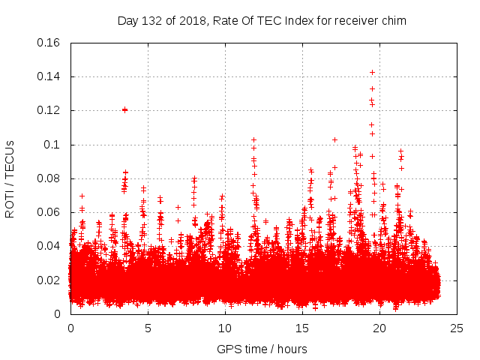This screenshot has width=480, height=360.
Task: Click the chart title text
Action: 262,20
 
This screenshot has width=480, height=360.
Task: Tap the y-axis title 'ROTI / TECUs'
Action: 10,178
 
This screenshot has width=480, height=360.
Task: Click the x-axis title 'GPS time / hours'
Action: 262,349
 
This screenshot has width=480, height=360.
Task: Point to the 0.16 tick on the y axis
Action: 49,43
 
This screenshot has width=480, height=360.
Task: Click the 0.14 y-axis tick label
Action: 49,76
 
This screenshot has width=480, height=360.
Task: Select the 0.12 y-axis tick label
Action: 49,110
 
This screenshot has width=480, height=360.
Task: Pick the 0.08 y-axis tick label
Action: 49,178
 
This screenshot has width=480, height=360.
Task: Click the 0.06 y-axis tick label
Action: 49,212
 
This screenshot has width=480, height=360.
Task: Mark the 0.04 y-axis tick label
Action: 49,246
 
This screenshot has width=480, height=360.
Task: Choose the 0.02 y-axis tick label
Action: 49,280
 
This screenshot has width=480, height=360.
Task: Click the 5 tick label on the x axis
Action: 148,328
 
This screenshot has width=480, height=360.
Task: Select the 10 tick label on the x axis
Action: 225,328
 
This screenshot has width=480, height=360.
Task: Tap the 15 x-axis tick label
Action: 302,328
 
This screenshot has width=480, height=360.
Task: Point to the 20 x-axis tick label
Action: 379,328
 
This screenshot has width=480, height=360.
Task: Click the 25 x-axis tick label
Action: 457,328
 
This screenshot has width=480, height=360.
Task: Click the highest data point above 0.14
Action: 372,72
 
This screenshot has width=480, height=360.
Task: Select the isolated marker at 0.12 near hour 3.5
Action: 124,109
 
